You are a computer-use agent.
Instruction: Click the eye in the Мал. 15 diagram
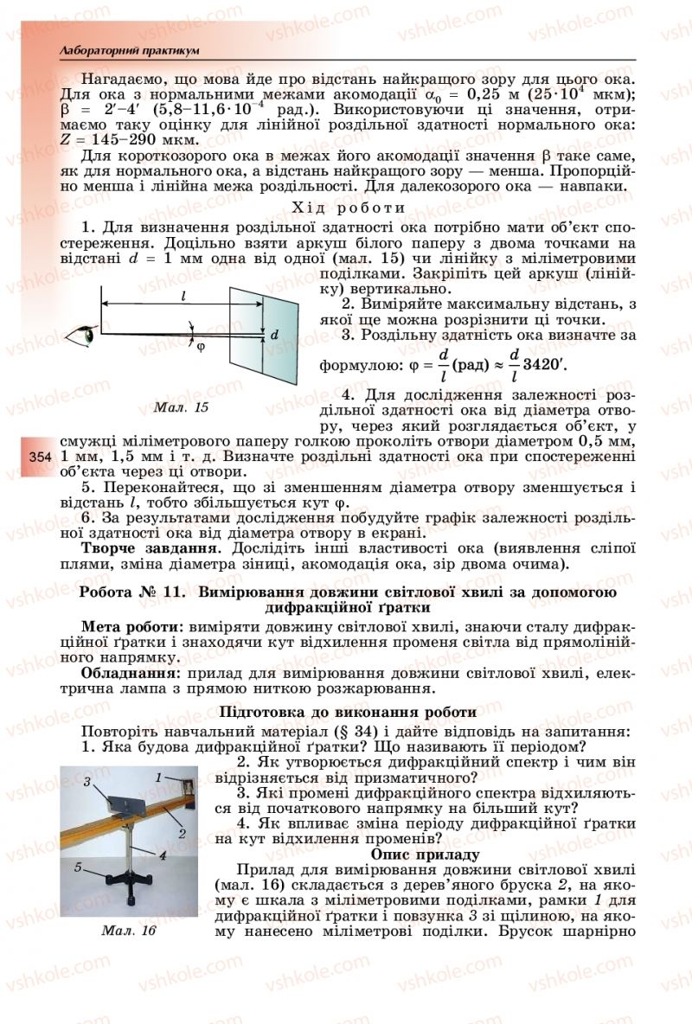coord(86,331)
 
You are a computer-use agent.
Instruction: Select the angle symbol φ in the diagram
coord(201,347)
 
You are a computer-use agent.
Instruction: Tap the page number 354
coord(41,457)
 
